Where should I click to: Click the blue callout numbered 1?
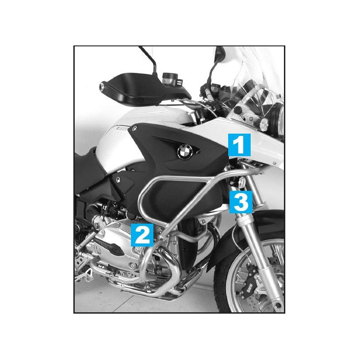239,144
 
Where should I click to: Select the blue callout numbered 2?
142,235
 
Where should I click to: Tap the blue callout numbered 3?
241,202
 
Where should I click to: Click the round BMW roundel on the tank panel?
184,152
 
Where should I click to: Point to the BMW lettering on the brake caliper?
250,288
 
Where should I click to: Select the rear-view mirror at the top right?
220,54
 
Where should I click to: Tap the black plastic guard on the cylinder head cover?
110,247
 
